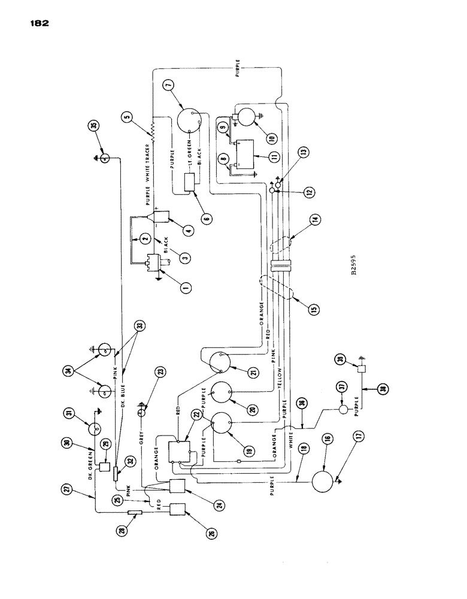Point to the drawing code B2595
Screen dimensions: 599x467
click(x=354, y=262)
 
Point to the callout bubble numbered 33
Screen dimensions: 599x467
click(x=139, y=326)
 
